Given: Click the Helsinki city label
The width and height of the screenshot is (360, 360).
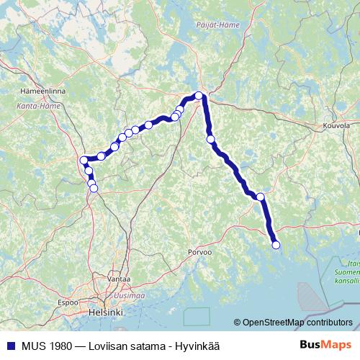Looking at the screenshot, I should coord(105,313).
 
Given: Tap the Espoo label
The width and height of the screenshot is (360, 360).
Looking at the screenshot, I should coord(68,302).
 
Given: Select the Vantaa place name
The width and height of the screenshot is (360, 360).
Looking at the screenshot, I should coord(118,278).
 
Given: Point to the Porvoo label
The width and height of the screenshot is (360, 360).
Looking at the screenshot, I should coord(199,253).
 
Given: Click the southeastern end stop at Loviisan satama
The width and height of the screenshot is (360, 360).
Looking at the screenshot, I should coord(276,246).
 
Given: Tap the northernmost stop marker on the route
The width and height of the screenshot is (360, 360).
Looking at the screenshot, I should coord(199,95).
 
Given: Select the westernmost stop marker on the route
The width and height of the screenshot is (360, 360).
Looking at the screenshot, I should coord(84,160).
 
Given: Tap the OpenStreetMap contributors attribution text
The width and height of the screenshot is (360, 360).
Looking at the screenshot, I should coord(296,323).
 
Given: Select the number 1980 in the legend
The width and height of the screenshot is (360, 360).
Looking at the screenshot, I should coord(58,345).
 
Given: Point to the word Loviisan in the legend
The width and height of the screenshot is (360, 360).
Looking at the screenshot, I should coord(108,345).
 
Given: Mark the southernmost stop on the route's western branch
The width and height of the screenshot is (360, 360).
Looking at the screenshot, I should coord(94,189).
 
